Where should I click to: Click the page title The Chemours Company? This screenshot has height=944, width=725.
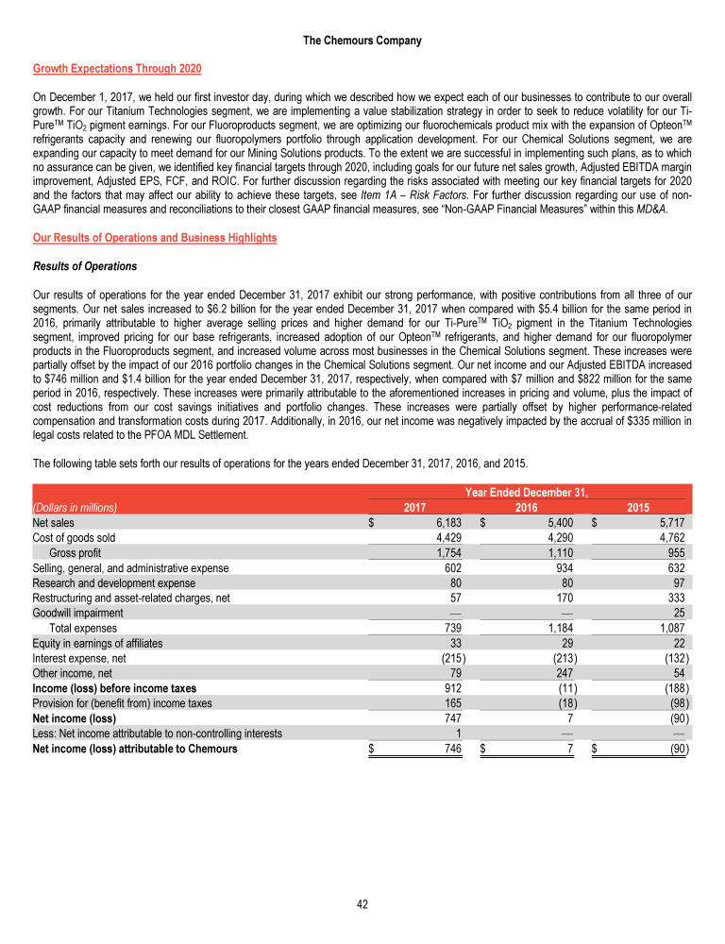pyautogui.click(x=362, y=41)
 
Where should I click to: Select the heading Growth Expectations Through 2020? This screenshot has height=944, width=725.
pyautogui.click(x=117, y=69)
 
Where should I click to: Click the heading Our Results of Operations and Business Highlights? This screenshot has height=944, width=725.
pyautogui.click(x=155, y=237)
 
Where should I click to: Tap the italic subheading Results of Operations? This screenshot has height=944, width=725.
pyautogui.click(x=85, y=265)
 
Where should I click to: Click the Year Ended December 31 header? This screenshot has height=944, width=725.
pyautogui.click(x=529, y=492)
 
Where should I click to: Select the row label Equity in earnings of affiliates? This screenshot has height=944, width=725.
pyautogui.click(x=97, y=643)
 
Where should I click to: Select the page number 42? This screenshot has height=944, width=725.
pyautogui.click(x=362, y=903)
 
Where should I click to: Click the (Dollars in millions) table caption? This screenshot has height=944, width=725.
pyautogui.click(x=75, y=507)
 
